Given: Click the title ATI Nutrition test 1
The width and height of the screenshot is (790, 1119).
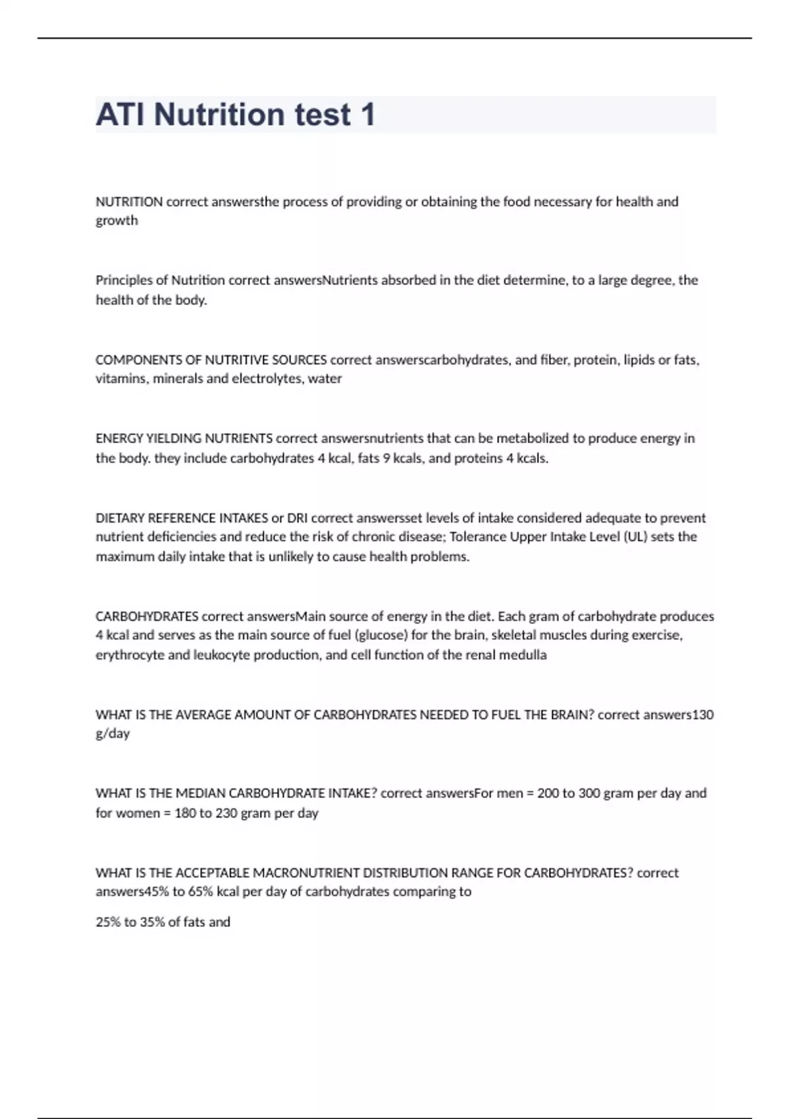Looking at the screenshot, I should pyautogui.click(x=235, y=115).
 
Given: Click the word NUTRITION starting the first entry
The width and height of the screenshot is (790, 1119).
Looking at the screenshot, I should pyautogui.click(x=129, y=201).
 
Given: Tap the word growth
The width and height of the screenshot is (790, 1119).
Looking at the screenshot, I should pyautogui.click(x=117, y=221).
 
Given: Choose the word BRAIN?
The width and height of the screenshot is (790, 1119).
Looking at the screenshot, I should pyautogui.click(x=572, y=715).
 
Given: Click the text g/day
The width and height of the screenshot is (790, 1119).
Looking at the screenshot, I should pyautogui.click(x=113, y=734).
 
